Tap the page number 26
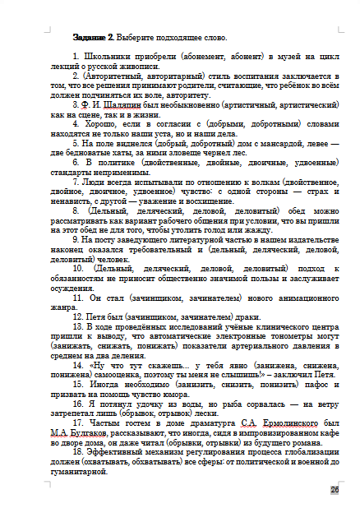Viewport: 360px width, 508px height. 335,490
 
